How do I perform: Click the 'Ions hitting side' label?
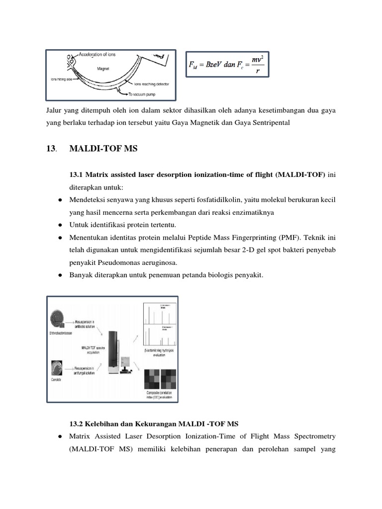click(61, 78)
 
